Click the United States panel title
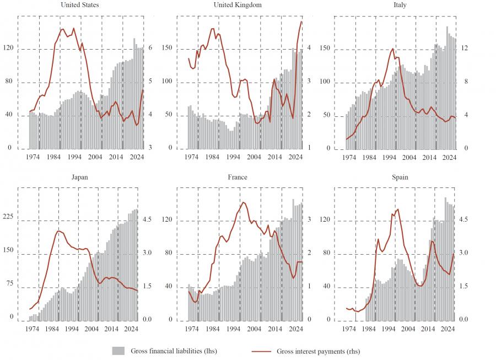click(x=80, y=5)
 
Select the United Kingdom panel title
click(x=238, y=5)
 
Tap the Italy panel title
click(x=397, y=5)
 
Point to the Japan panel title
click(x=80, y=178)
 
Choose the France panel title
click(x=238, y=178)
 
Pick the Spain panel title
click(x=397, y=178)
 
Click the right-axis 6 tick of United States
click(x=151, y=49)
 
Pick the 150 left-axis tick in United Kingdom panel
click(x=166, y=49)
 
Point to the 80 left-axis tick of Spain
click(x=326, y=254)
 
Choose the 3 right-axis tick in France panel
click(x=310, y=220)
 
